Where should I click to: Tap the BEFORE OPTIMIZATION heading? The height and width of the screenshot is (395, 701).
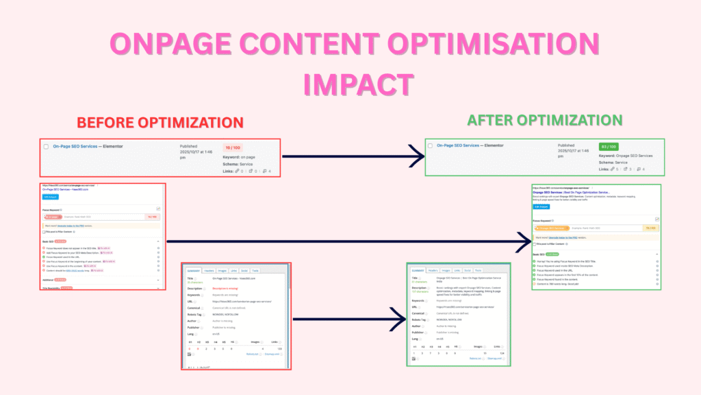click(x=160, y=123)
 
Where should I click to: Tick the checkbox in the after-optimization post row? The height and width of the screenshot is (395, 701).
click(x=430, y=145)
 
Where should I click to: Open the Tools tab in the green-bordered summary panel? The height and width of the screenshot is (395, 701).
click(x=478, y=271)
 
